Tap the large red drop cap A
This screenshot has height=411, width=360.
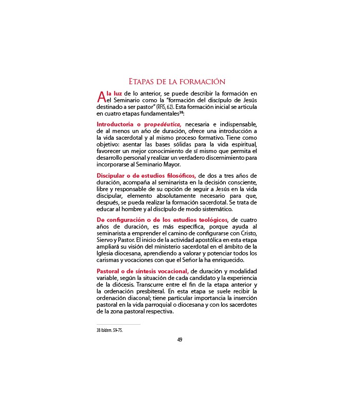click(x=101, y=96)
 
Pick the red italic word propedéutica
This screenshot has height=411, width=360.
click(x=163, y=124)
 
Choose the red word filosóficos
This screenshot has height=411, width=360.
click(x=176, y=176)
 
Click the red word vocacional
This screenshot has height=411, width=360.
click(x=170, y=271)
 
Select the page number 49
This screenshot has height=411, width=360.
click(x=180, y=339)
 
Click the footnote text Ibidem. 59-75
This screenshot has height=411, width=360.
click(x=111, y=330)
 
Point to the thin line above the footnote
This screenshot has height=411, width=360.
click(x=118, y=324)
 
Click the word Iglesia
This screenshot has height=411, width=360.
click(x=104, y=254)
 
